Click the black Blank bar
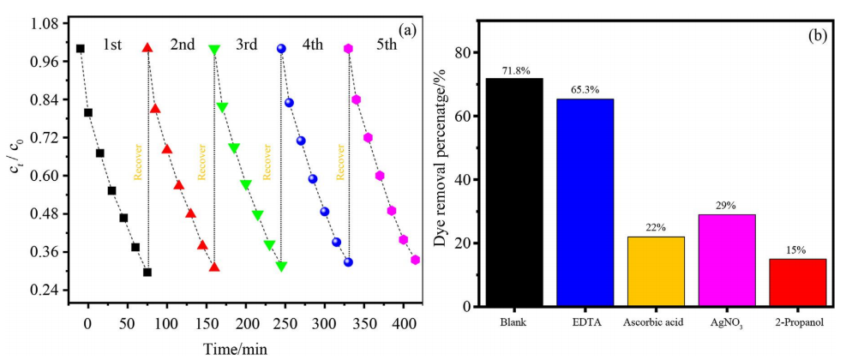(514, 192)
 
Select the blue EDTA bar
(585, 202)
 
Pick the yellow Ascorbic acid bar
(656, 271)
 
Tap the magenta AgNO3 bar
(727, 260)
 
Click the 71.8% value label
(514, 71)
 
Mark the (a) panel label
(406, 32)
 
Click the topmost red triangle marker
(147, 48)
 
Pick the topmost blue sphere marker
(281, 49)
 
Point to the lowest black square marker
(147, 272)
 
